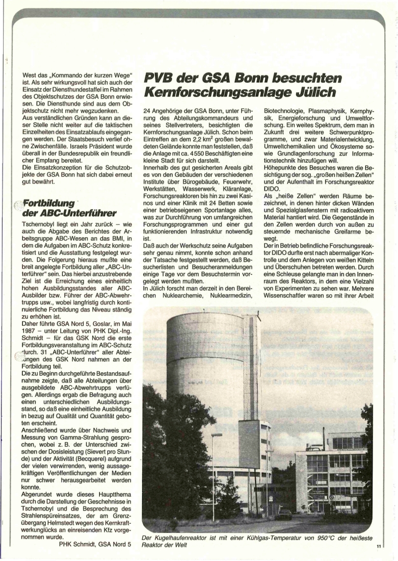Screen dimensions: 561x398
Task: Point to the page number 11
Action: pyautogui.click(x=379, y=547)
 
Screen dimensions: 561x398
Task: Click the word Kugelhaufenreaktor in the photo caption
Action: pyautogui.click(x=185, y=537)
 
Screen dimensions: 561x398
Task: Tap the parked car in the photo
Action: pyautogui.click(x=284, y=514)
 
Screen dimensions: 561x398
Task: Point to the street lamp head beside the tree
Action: pyautogui.click(x=216, y=435)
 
